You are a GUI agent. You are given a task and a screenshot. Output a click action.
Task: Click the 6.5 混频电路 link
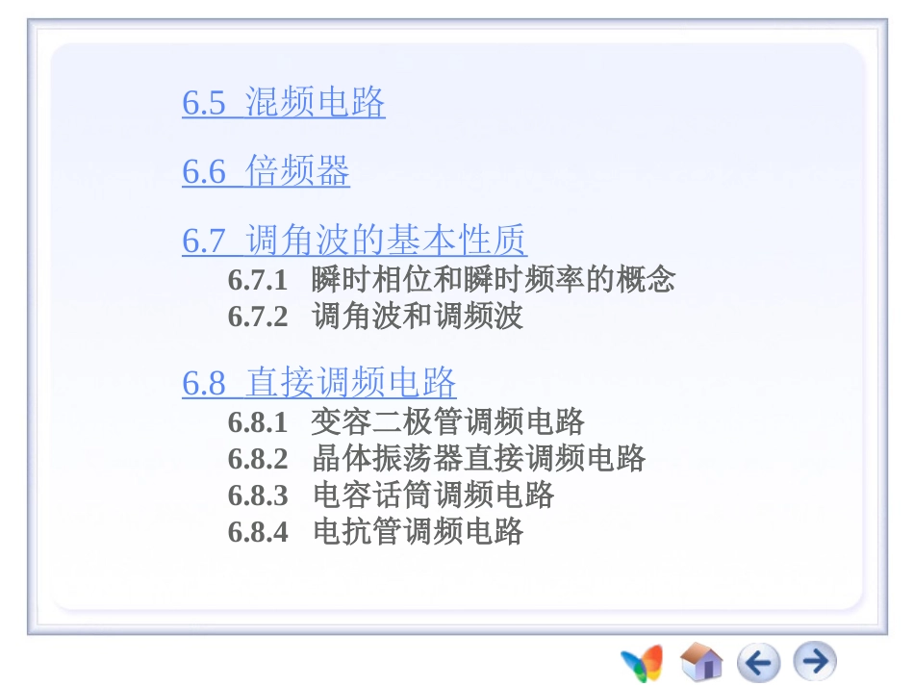coord(284,103)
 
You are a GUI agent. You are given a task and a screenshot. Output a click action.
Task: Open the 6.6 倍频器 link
coord(266,172)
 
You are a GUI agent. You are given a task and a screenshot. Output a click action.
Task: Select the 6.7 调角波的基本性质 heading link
coord(354,241)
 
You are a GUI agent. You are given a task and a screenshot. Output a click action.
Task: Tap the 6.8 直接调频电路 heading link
coord(318,383)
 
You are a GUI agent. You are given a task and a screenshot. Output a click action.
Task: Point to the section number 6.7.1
coord(258,280)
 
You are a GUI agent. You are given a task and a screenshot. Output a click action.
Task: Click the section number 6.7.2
coord(258,317)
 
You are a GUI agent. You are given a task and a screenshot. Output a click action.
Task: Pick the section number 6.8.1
coord(258,421)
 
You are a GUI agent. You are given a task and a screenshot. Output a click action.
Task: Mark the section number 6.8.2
coord(258,458)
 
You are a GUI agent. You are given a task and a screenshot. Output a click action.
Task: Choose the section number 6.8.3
coord(258,495)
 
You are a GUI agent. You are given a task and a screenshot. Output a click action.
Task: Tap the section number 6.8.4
coord(258,531)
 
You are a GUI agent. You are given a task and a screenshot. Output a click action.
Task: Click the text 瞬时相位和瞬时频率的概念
coord(494,280)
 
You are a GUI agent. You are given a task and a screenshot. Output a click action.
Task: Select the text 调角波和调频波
coord(418,317)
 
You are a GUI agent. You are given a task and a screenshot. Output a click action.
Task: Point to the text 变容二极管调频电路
coord(448,421)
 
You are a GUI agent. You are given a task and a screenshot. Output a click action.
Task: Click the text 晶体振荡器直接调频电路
coord(478,458)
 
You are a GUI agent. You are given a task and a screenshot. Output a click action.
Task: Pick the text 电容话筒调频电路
coord(433,495)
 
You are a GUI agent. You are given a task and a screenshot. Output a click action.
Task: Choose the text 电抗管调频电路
coord(418,531)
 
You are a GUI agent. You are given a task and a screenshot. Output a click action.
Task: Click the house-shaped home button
coord(701,662)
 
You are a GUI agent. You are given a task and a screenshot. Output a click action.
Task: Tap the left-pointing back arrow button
coord(758,662)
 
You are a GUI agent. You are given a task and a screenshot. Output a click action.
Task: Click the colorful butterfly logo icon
coord(642,662)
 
